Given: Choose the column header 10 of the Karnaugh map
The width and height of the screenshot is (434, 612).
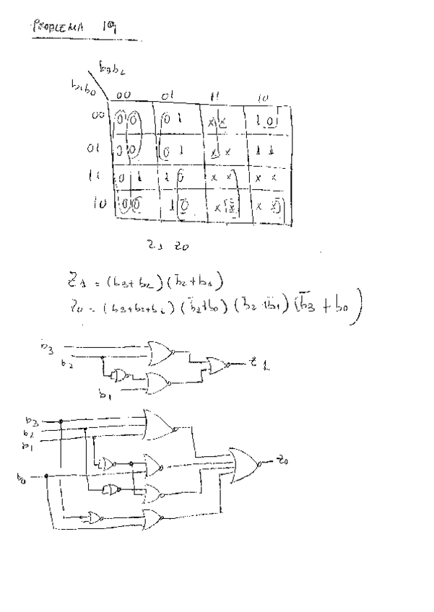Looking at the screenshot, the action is coord(263,97).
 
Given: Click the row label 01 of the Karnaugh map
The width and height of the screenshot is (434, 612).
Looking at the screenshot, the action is coord(92,151).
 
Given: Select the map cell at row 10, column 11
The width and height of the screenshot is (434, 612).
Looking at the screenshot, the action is coord(224,209).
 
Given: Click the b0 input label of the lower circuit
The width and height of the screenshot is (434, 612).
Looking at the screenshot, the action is coord(22,476).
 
